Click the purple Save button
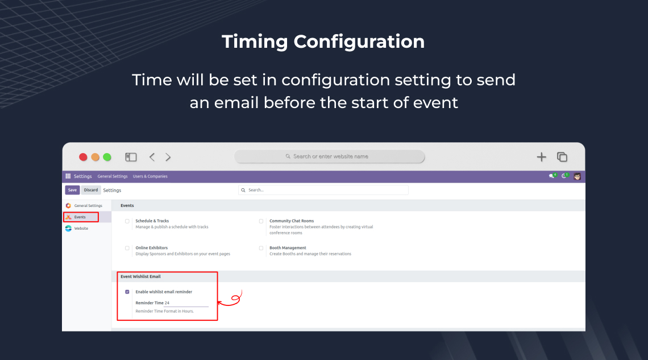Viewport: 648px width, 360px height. coord(72,190)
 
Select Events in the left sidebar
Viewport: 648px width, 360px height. coord(80,217)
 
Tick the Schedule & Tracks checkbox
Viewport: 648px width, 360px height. coord(127,221)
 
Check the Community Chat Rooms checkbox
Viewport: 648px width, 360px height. coord(261,221)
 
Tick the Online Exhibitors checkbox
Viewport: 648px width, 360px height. coord(127,248)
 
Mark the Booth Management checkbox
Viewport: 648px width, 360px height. coord(261,248)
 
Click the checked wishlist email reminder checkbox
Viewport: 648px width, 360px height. coord(127,292)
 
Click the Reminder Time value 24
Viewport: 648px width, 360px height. coord(167,303)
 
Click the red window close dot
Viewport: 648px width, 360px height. coord(83,157)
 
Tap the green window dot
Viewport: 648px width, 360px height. coord(107,157)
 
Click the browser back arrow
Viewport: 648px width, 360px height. coord(152,157)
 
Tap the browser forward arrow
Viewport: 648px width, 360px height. coord(168,157)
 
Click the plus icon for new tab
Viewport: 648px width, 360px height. coord(541,157)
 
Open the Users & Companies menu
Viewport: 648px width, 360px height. coord(150,176)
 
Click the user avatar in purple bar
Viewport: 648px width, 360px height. coord(578,176)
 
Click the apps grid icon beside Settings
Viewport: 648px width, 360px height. coord(68,176)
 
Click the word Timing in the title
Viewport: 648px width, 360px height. coord(255,42)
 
